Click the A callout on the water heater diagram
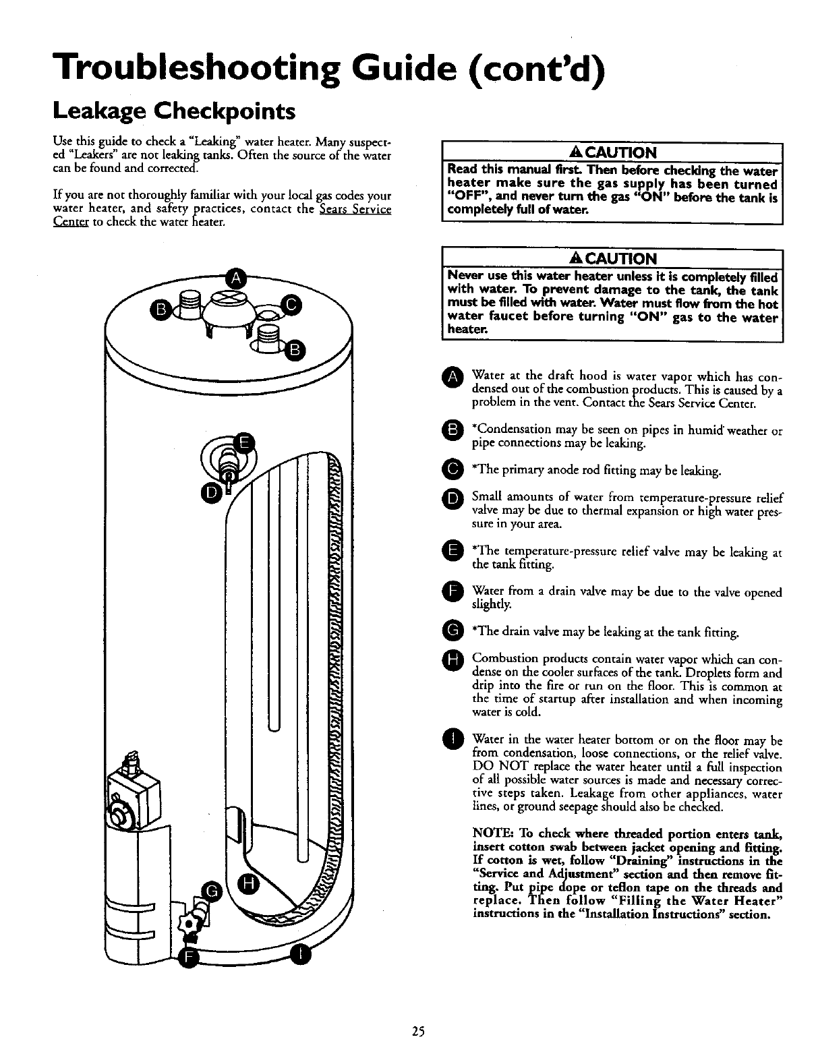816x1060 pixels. [x=235, y=278]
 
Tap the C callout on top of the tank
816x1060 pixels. [x=291, y=305]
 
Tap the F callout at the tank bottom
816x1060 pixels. [x=190, y=955]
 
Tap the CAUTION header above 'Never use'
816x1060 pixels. [x=611, y=259]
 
